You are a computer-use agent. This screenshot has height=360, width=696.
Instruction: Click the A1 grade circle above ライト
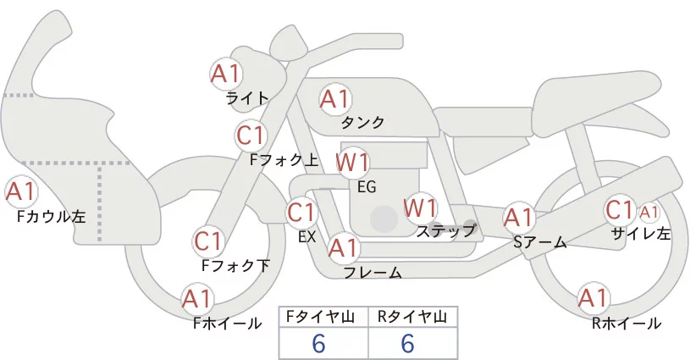pos(226,73)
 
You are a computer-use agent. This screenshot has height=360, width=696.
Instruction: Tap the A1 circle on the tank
pos(334,99)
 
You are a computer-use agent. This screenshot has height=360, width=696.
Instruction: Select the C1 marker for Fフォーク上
pos(251,135)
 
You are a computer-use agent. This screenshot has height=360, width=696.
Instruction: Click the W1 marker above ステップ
pos(420,207)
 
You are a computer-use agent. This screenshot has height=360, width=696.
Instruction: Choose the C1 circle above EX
pos(301,212)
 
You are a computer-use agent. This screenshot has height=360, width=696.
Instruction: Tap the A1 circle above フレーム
pos(343,248)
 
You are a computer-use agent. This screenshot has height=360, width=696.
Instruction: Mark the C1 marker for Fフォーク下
pos(208,241)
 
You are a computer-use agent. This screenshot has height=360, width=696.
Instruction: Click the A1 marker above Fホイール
pos(197,299)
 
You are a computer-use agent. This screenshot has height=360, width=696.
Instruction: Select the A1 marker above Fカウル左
pos(20,191)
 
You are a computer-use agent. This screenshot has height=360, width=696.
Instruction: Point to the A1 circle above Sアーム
pos(518,218)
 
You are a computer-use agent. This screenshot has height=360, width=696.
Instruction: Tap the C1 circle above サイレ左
pos(620,209)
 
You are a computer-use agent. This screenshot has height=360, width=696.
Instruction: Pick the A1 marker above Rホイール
pos(593,299)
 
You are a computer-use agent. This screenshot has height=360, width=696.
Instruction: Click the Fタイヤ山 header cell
pos(323,317)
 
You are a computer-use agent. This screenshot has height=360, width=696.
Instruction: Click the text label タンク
pos(362,122)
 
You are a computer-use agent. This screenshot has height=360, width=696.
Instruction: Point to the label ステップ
pos(446,230)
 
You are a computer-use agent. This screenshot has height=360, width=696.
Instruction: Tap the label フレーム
pos(373,272)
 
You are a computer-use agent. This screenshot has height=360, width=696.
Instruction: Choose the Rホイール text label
pos(627,323)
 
